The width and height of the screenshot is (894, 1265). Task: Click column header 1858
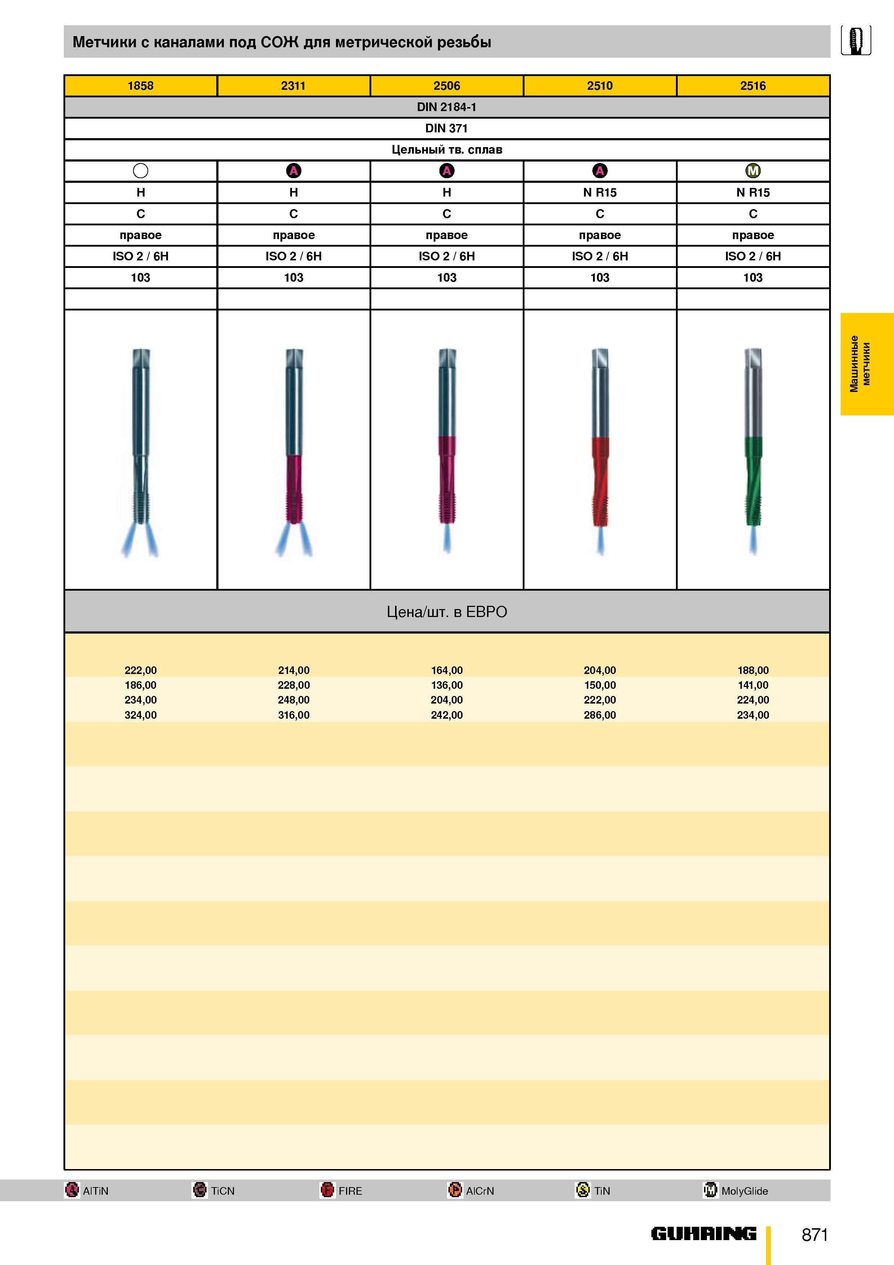tap(141, 86)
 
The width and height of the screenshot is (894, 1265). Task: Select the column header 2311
tap(293, 86)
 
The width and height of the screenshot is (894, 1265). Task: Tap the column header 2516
tap(753, 86)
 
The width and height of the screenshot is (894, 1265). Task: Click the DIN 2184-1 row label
tap(447, 107)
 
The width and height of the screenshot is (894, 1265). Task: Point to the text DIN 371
tap(447, 128)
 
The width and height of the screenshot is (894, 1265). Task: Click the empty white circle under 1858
tap(141, 171)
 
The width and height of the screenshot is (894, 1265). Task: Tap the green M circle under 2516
tap(753, 171)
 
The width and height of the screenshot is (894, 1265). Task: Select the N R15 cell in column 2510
tap(600, 192)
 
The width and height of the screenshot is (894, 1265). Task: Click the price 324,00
tap(141, 715)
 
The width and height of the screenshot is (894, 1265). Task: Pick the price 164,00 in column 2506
tap(447, 670)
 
